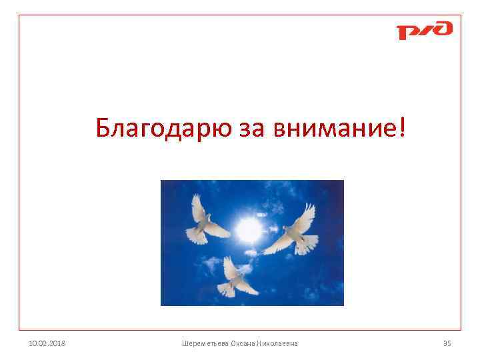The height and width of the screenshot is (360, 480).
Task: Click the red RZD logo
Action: click(x=424, y=31)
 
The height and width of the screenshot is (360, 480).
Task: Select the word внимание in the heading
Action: click(x=333, y=127)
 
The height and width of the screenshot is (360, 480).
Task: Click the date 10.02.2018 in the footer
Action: click(x=48, y=343)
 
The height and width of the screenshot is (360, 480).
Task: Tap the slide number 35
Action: click(x=447, y=343)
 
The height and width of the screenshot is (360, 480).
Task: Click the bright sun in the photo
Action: click(x=248, y=230)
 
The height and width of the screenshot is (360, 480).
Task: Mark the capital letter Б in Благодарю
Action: click(x=103, y=126)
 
